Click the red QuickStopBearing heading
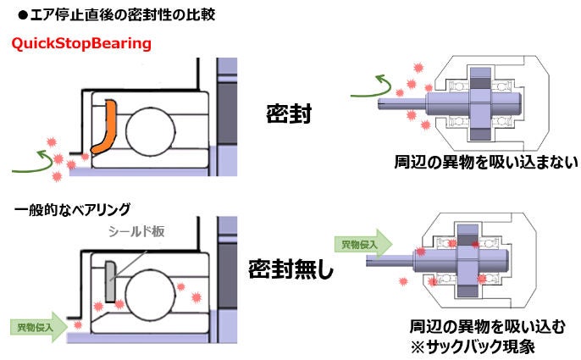80,42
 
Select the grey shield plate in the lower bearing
110,282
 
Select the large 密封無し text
290,270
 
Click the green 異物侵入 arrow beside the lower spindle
362,245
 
